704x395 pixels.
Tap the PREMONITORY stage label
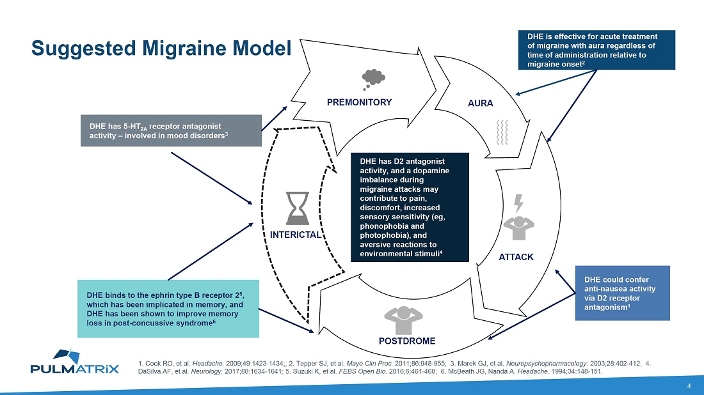(x=359, y=102)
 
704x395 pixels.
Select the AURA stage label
(x=481, y=104)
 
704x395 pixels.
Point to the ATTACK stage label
(x=516, y=257)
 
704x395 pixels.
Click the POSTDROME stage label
(x=407, y=341)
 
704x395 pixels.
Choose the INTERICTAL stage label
(x=295, y=235)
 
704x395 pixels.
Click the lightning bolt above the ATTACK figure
(x=519, y=204)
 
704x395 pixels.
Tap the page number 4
(x=689, y=385)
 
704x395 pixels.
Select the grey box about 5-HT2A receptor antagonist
(x=171, y=130)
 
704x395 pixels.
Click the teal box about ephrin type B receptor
(x=168, y=309)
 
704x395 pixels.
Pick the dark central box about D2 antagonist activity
(x=410, y=208)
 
